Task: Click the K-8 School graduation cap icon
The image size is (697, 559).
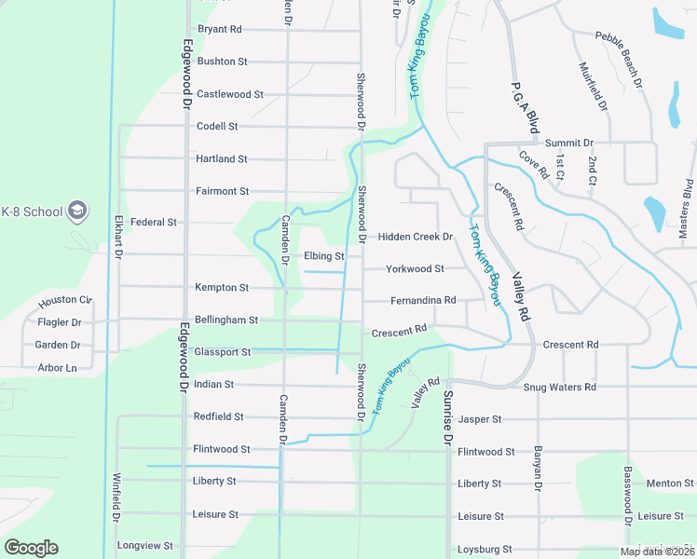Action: pos(78,211)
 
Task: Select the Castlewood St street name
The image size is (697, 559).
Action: pos(230,94)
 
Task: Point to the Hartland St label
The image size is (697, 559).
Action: pos(221,159)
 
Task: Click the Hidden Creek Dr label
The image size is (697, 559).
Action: pos(415,237)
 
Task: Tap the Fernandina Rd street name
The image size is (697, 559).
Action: pos(423,300)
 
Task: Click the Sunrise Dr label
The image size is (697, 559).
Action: pos(447,417)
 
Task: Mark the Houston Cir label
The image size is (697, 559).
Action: pos(65,302)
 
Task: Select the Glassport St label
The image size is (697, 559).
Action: pos(223,352)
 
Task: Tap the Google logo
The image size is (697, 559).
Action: pos(31,548)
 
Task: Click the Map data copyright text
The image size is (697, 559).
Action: pos(657,552)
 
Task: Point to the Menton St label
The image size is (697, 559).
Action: pos(669,484)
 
